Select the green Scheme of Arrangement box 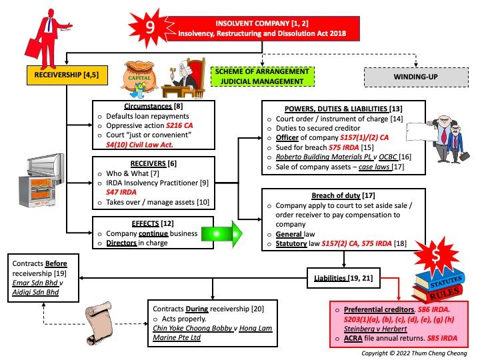263,76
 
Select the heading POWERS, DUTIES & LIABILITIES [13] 333,109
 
